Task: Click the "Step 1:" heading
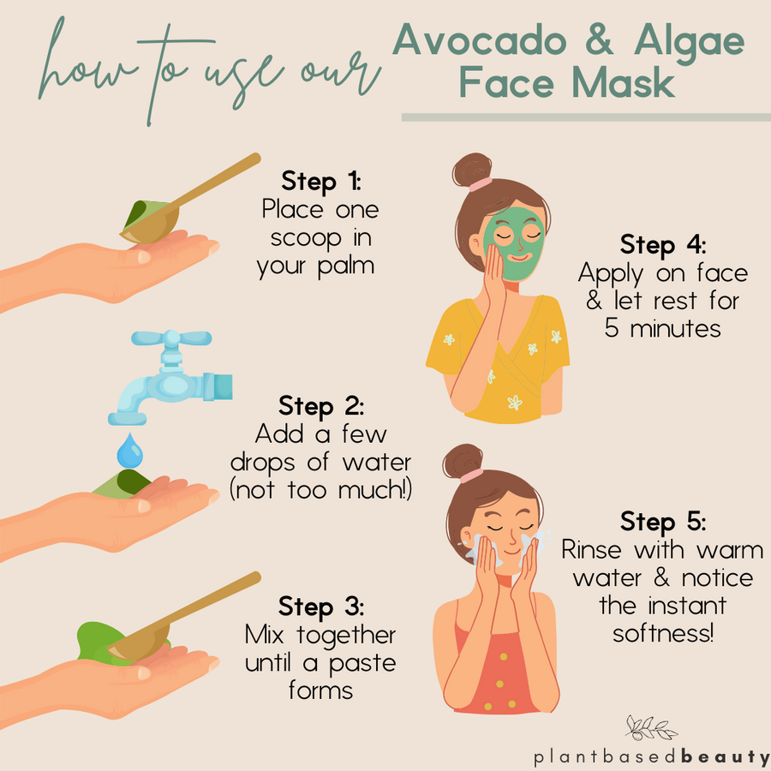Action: tap(321, 182)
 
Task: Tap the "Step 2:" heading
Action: tap(321, 406)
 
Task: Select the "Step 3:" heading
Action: tap(321, 607)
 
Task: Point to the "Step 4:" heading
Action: tap(663, 245)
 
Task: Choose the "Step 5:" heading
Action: tap(663, 522)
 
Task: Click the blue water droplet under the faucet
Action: tap(130, 451)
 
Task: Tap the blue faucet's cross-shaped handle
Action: tap(171, 338)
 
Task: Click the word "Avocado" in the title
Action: tap(480, 40)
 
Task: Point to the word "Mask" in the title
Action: tap(623, 82)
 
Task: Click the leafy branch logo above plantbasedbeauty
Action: tap(650, 728)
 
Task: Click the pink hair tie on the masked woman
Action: tap(480, 184)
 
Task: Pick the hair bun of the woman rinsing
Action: tap(463, 461)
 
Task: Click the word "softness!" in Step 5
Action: tap(663, 634)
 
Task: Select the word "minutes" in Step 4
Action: tap(675, 328)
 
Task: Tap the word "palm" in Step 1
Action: tap(346, 267)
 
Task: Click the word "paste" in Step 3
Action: tap(362, 665)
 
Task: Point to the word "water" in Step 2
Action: tap(377, 463)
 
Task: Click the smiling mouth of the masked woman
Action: tap(519, 257)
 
